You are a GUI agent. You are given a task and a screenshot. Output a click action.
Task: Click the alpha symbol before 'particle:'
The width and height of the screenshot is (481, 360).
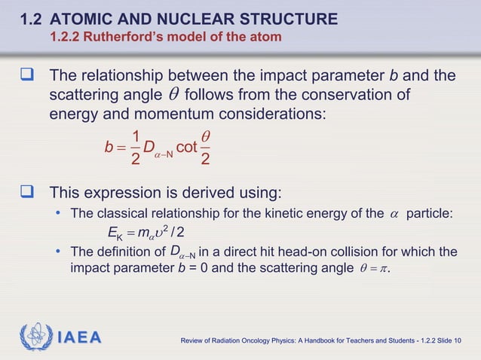pos(394,214)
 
